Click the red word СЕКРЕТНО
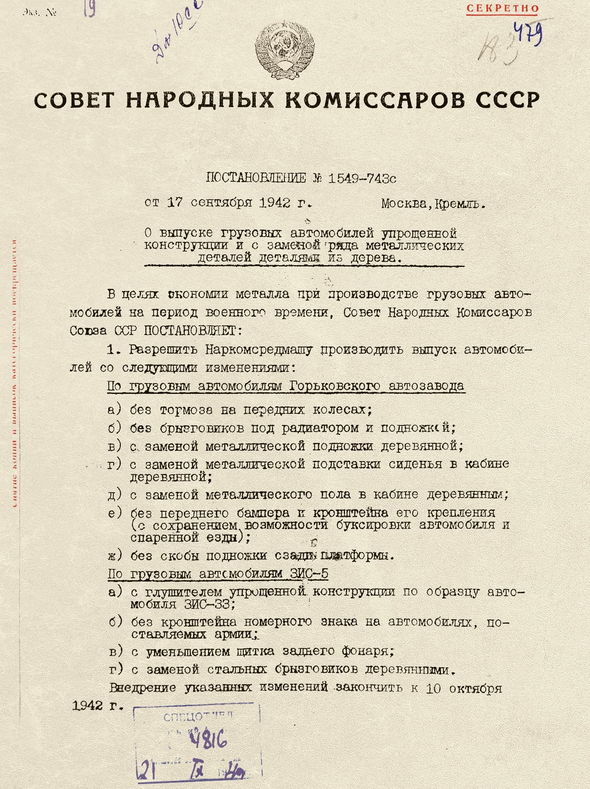point(502,8)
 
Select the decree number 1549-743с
point(362,178)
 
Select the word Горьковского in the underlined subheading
point(335,386)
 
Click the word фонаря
point(366,651)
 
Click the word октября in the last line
point(475,688)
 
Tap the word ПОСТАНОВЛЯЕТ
point(190,331)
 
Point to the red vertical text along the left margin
point(15,374)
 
